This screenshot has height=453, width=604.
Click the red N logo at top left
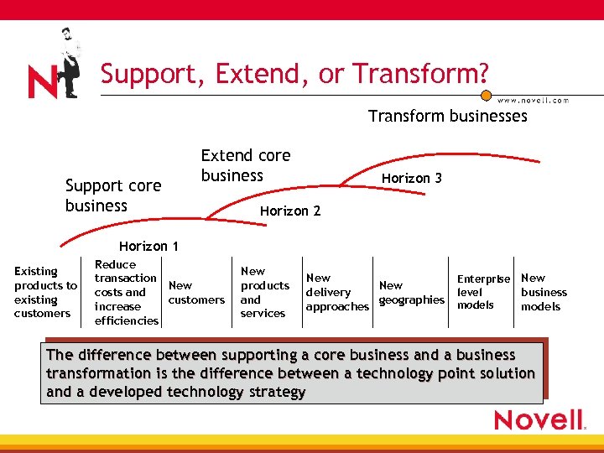click(x=42, y=81)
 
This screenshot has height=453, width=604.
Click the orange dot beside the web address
click(x=486, y=96)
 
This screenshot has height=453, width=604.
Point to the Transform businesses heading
click(x=447, y=116)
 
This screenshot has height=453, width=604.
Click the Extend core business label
click(x=245, y=165)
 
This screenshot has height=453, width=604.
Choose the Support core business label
click(x=112, y=195)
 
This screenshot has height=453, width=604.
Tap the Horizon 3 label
click(x=411, y=178)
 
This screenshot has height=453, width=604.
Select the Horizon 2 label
click(x=289, y=211)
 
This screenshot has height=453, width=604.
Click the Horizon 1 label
click(x=148, y=246)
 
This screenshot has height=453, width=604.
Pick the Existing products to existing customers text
click(x=44, y=292)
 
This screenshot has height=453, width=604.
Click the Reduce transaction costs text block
click(x=126, y=292)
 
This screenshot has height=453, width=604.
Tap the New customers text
click(x=196, y=293)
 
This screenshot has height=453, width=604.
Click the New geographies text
click(x=411, y=293)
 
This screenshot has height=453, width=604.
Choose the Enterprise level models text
click(x=482, y=292)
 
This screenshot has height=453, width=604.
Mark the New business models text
click(x=544, y=292)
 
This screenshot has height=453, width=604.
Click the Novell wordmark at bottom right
click(x=538, y=419)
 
